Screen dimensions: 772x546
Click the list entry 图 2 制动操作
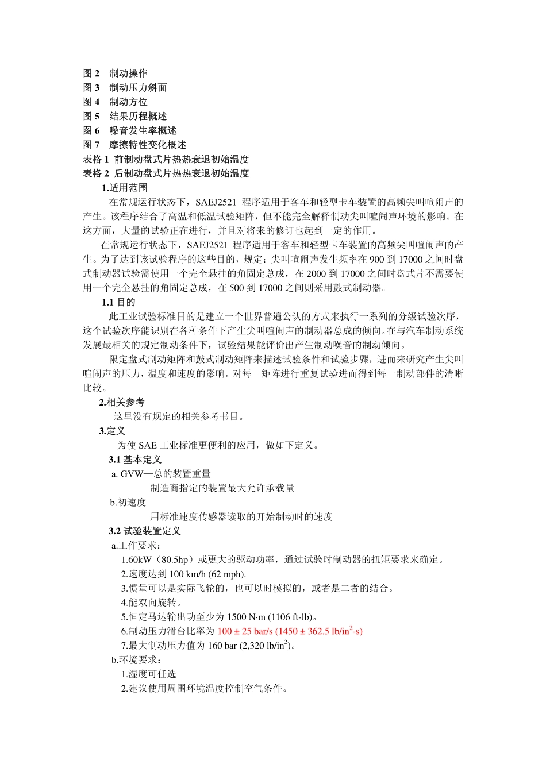click(x=115, y=74)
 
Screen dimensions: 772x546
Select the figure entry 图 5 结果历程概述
click(x=125, y=116)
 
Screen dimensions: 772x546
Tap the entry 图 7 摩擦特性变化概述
click(x=134, y=145)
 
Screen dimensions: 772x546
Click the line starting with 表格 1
click(x=166, y=159)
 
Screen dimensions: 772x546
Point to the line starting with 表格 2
click(x=166, y=173)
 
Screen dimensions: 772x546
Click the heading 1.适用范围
click(x=125, y=188)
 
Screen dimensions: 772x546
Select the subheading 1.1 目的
click(x=118, y=302)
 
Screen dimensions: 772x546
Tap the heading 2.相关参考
click(x=122, y=402)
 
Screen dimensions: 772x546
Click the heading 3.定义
click(x=112, y=431)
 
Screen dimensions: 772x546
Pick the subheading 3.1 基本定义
click(x=135, y=460)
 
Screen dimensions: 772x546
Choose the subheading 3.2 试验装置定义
click(x=144, y=531)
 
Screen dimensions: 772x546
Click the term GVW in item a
click(x=132, y=474)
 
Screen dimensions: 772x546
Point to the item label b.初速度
click(x=128, y=502)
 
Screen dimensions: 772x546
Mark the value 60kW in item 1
click(x=140, y=559)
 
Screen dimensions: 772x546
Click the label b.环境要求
click(x=137, y=660)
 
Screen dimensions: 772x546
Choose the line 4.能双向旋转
click(x=151, y=603)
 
